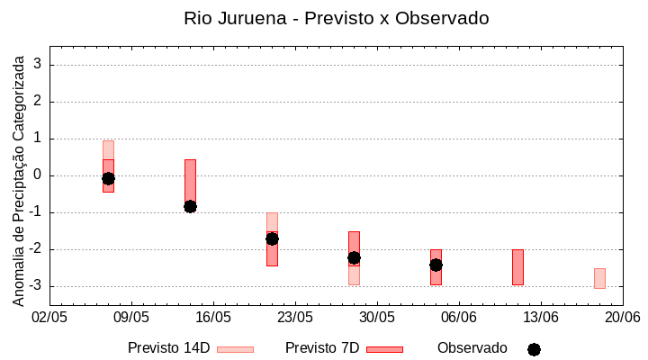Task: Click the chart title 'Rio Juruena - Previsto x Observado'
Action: (x=337, y=18)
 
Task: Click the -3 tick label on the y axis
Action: (x=36, y=286)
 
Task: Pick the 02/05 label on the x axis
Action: (x=50, y=318)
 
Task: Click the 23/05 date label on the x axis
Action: (x=295, y=318)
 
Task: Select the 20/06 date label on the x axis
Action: (x=622, y=318)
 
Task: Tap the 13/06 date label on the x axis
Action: (x=541, y=318)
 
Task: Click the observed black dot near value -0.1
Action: (x=108, y=178)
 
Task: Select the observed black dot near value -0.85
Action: (x=190, y=206)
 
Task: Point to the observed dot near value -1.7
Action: (x=272, y=238)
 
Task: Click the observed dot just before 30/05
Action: (x=354, y=257)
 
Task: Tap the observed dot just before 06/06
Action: (x=436, y=265)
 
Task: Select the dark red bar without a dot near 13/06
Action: (x=517, y=267)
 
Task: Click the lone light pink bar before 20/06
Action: (x=599, y=278)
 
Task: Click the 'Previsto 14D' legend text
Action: (x=168, y=348)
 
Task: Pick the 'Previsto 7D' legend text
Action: (x=322, y=348)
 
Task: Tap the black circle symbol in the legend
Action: (x=534, y=349)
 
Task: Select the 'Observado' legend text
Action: (x=472, y=348)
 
